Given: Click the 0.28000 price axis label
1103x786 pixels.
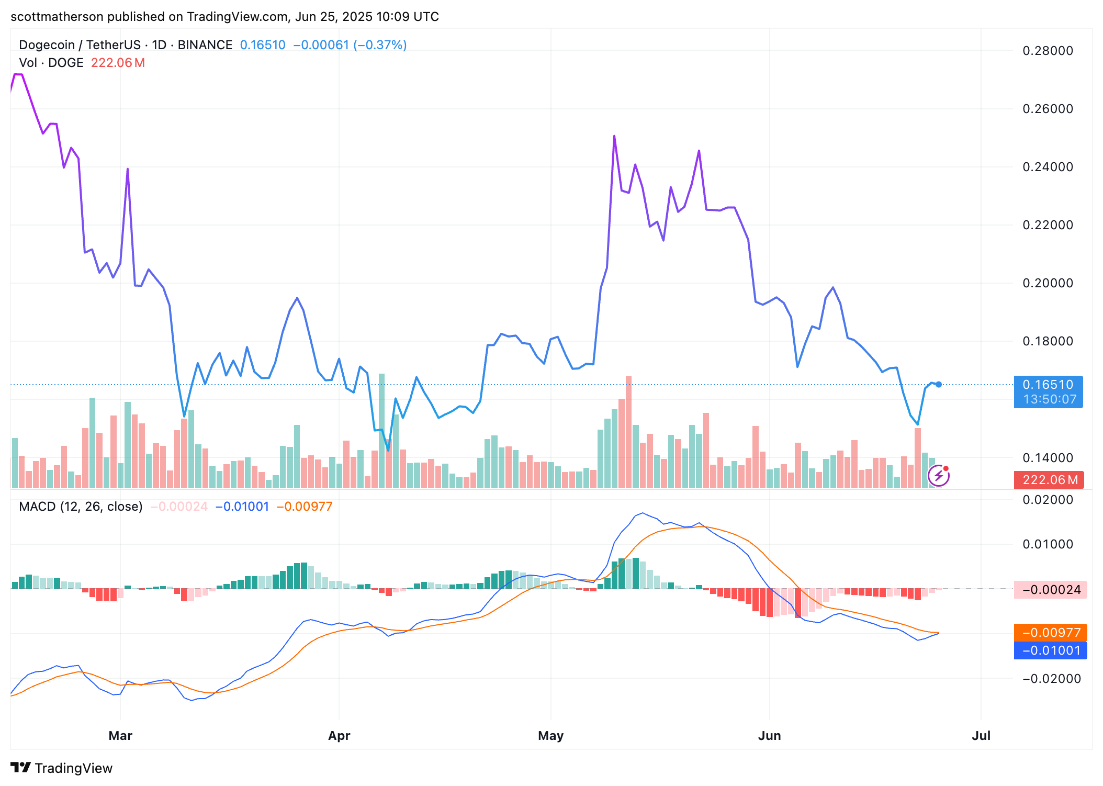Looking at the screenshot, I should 1048,51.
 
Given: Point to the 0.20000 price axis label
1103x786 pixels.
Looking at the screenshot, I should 1048,283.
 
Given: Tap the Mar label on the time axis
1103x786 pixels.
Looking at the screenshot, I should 120,735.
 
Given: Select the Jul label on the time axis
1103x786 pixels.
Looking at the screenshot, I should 981,735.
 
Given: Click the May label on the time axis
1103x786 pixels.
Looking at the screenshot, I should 550,735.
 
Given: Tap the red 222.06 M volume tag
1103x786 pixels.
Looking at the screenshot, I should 1050,480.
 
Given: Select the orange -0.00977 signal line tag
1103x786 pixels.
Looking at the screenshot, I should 1051,633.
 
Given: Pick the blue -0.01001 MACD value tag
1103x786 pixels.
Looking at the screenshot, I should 1051,650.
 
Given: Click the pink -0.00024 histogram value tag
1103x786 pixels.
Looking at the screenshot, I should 1051,590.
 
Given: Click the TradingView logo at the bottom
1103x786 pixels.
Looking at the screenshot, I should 62,768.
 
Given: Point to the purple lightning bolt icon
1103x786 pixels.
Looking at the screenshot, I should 938,476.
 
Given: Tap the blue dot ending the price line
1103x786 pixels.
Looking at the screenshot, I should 939,385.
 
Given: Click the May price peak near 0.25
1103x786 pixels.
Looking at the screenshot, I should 614,136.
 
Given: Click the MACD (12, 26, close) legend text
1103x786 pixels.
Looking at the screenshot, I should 81,507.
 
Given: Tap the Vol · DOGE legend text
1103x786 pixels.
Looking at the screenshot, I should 51,63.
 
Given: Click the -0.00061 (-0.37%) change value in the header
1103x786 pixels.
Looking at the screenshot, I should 350,45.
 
